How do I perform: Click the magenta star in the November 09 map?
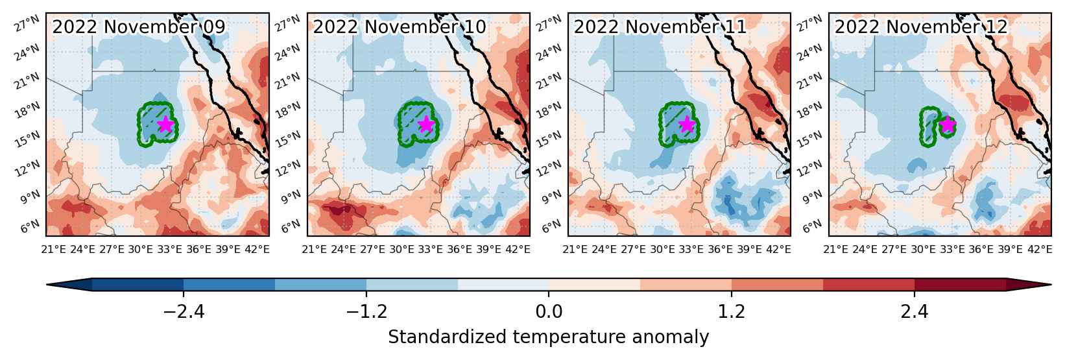pyautogui.click(x=165, y=124)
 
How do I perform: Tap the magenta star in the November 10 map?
pyautogui.click(x=426, y=124)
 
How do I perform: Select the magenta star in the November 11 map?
pyautogui.click(x=687, y=124)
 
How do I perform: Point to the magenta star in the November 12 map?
pyautogui.click(x=948, y=124)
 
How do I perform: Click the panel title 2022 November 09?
pyautogui.click(x=139, y=27)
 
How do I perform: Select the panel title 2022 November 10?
pyautogui.click(x=400, y=27)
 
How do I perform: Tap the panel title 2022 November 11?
pyautogui.click(x=660, y=27)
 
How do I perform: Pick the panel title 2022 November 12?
pyautogui.click(x=922, y=27)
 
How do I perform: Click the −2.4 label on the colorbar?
pyautogui.click(x=184, y=311)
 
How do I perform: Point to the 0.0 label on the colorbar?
pyautogui.click(x=549, y=311)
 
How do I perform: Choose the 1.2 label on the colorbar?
pyautogui.click(x=731, y=311)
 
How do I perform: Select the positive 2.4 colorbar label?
pyautogui.click(x=915, y=311)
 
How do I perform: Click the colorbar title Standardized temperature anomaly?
pyautogui.click(x=549, y=337)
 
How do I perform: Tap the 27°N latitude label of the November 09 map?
pyautogui.click(x=27, y=23)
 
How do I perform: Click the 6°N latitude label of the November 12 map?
pyautogui.click(x=813, y=226)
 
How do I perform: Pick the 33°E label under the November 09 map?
pyautogui.click(x=169, y=249)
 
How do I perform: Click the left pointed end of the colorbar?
pyautogui.click(x=47, y=284)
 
